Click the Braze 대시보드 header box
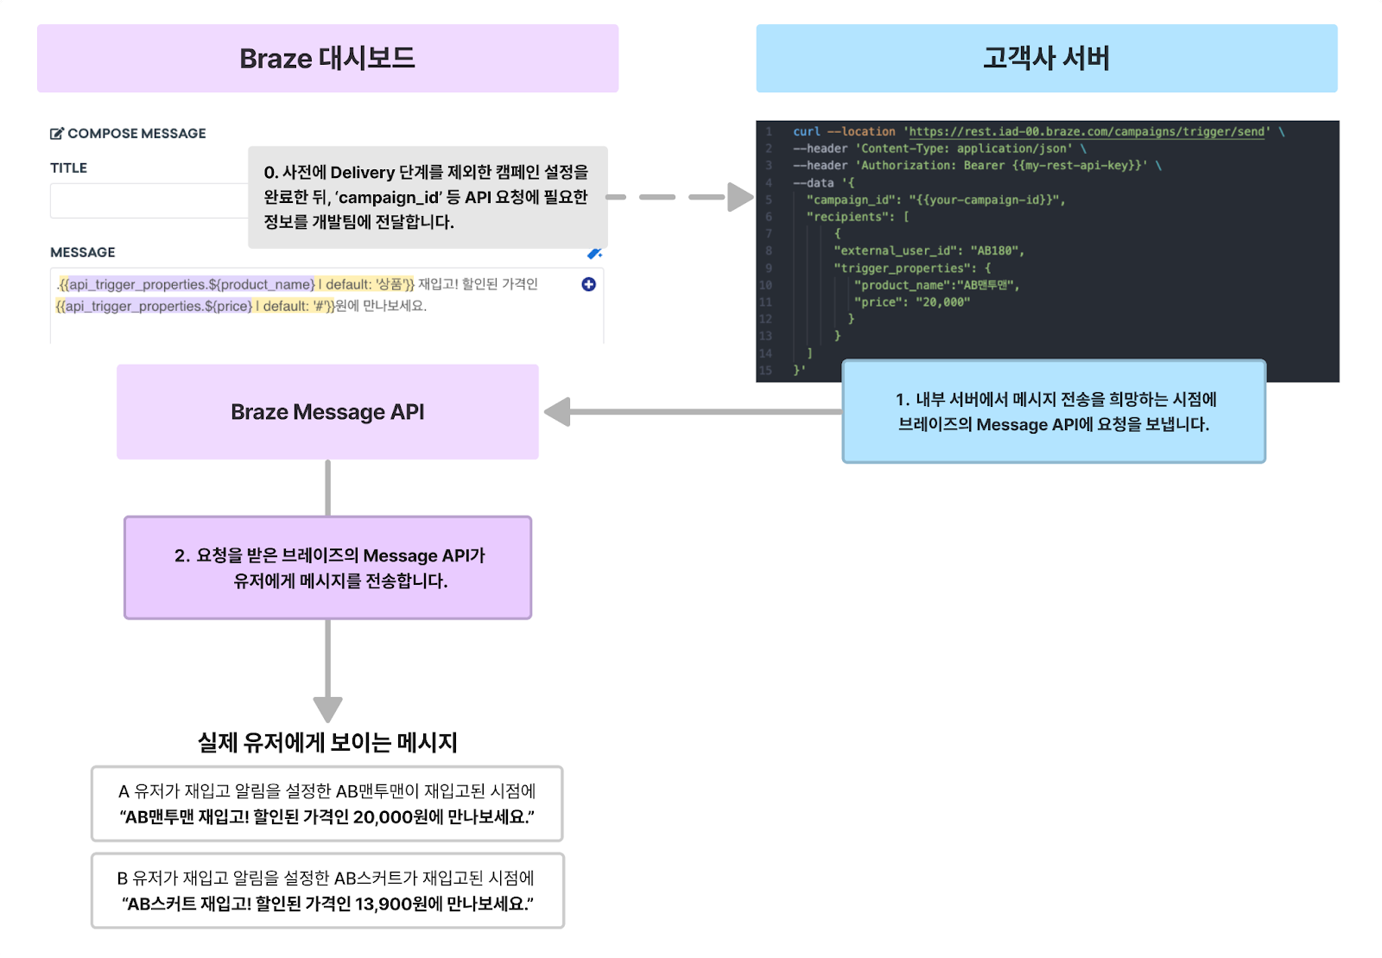[x=327, y=59]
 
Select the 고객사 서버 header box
[x=1046, y=59]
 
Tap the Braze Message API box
[x=327, y=412]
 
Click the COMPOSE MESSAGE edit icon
[x=57, y=134]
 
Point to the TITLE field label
[x=68, y=168]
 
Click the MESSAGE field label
[x=83, y=252]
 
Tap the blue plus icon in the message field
[x=588, y=284]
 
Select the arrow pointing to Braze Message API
[x=691, y=412]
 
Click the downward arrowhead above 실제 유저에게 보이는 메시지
[x=327, y=708]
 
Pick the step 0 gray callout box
[x=428, y=197]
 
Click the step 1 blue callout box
[x=1054, y=412]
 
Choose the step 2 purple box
[x=327, y=568]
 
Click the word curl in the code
[x=807, y=131]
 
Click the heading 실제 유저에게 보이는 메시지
[x=327, y=742]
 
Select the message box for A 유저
[x=327, y=803]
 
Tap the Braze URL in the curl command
[x=1087, y=131]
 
